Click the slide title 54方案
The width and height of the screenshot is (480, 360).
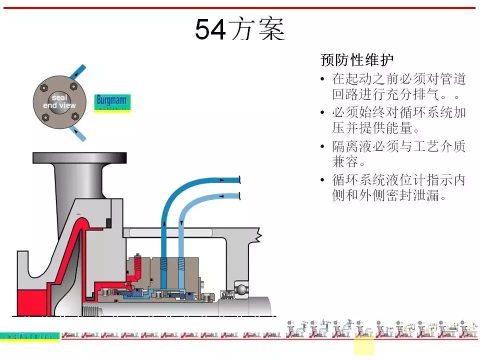pos(239,29)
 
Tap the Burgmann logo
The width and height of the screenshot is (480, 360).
pos(112,101)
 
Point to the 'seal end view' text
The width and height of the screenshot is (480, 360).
pos(59,101)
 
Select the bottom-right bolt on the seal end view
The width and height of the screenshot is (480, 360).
pos(75,116)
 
